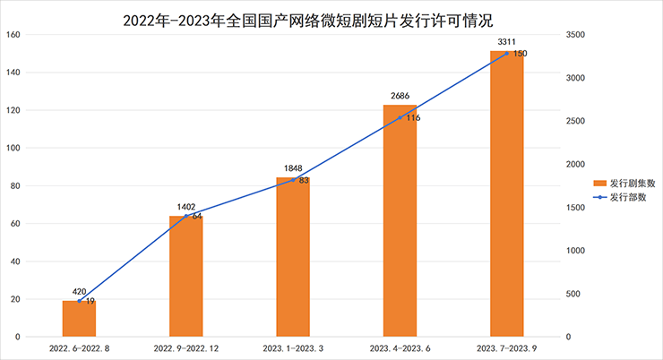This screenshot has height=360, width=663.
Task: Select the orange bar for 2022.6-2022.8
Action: [79, 319]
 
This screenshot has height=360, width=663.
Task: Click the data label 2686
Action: [400, 95]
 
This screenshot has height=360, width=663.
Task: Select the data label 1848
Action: [293, 167]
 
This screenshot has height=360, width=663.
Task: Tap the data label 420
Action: [79, 291]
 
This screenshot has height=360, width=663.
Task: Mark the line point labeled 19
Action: [79, 301]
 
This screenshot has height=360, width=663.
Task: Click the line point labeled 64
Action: [185, 216]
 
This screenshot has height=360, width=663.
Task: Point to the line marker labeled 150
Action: [506, 54]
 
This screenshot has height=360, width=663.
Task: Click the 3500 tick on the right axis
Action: [575, 35]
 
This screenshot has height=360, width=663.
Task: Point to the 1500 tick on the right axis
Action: [575, 208]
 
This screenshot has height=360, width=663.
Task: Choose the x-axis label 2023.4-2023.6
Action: [400, 347]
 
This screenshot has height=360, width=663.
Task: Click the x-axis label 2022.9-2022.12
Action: [185, 347]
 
